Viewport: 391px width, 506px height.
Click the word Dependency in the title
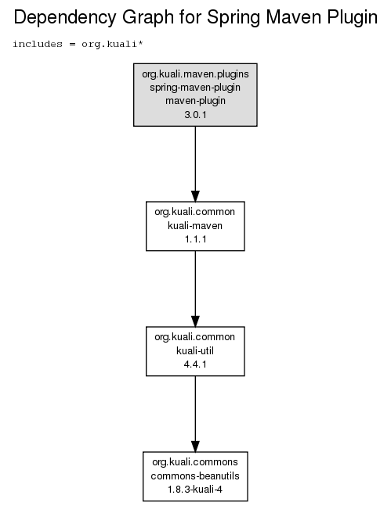65,17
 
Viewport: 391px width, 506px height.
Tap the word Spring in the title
234,17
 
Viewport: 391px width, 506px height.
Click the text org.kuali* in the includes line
112,44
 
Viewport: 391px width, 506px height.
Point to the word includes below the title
38,44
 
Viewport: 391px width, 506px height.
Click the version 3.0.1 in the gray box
195,114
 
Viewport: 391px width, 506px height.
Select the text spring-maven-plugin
195,88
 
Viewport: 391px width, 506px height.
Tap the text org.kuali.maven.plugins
195,74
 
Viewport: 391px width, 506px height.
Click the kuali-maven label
195,225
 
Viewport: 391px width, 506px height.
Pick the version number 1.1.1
195,239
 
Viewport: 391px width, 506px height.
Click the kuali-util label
195,350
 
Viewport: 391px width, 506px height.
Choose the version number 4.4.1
195,364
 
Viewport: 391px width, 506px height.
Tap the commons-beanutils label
195,475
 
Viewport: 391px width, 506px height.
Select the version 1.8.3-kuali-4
195,490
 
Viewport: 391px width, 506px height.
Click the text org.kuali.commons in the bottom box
195,462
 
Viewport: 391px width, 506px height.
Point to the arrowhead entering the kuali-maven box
195,196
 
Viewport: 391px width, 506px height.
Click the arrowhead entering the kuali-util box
195,321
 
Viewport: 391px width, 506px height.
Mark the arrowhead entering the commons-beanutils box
195,447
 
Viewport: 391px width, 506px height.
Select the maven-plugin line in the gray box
195,101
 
